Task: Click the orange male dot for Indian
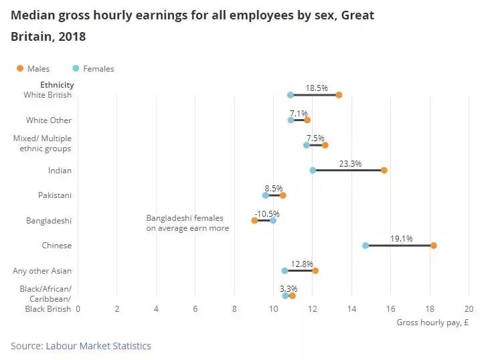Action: tap(384, 170)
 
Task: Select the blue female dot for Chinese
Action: tap(366, 246)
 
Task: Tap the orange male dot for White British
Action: tap(339, 95)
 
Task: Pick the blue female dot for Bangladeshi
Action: tap(273, 220)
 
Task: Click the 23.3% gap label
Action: tap(350, 163)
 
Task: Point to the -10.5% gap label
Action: tap(267, 213)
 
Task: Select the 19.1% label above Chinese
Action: tap(402, 238)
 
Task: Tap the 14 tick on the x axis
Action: tap(351, 309)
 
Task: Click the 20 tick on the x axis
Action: tap(469, 309)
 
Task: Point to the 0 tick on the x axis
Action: tap(78, 309)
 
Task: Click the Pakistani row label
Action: tap(55, 195)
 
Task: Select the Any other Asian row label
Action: tap(42, 271)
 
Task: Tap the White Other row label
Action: tap(49, 120)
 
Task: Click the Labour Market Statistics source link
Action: tap(98, 346)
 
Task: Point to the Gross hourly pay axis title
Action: tap(432, 322)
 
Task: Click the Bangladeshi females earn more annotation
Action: tap(187, 223)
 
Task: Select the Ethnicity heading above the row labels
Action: tap(57, 85)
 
